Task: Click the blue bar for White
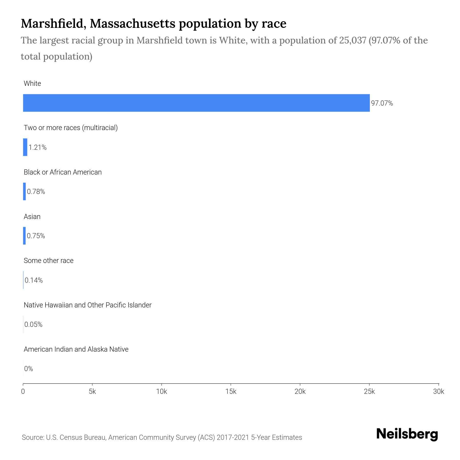(196, 103)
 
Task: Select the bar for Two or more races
(25, 147)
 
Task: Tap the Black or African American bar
(25, 191)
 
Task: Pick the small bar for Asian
(25, 236)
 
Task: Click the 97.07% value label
(382, 103)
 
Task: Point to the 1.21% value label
(38, 147)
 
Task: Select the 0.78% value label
(36, 192)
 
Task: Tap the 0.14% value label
(34, 280)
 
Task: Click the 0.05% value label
(33, 325)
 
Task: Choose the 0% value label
(29, 369)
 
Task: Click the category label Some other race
(49, 261)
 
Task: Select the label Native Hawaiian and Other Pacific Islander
(88, 305)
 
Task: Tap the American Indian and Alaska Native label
(76, 349)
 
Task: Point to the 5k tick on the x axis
(92, 392)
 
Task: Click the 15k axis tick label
(231, 392)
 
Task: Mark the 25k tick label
(369, 392)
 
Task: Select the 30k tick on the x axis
(439, 392)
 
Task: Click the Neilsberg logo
(407, 434)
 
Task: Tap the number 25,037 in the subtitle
(353, 40)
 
